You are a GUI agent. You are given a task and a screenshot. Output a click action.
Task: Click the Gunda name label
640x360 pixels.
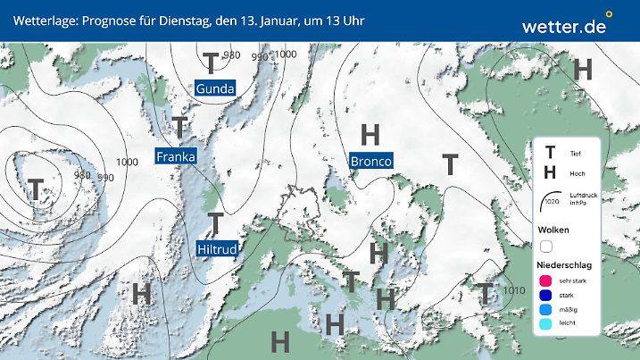pyautogui.click(x=215, y=88)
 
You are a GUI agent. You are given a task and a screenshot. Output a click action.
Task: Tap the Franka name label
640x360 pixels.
pyautogui.click(x=175, y=156)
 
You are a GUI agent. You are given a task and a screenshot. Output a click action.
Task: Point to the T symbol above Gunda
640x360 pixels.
pyautogui.click(x=211, y=63)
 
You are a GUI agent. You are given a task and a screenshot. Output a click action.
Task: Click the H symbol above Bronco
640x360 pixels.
pyautogui.click(x=370, y=135)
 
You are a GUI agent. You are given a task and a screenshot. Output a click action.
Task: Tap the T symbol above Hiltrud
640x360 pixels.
pyautogui.click(x=215, y=223)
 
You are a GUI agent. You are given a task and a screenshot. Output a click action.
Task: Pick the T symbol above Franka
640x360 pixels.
pyautogui.click(x=179, y=127)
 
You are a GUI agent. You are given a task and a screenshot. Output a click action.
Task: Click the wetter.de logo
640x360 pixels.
pyautogui.click(x=564, y=25)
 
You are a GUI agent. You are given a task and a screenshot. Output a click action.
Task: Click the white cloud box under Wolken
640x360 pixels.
pyautogui.click(x=546, y=246)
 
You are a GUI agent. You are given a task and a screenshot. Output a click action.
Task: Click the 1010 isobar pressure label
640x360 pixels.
pyautogui.click(x=513, y=290)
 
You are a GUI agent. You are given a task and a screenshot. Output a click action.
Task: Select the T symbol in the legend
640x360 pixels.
pyautogui.click(x=551, y=153)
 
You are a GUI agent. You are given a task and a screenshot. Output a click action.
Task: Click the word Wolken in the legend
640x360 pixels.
pyautogui.click(x=553, y=230)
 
